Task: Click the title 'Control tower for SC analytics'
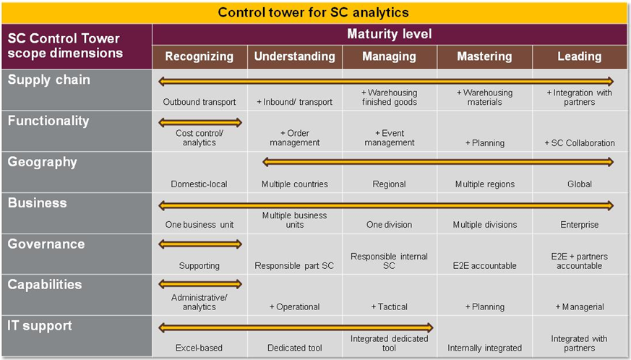point(313,12)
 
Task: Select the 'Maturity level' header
point(389,34)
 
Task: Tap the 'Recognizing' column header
point(199,56)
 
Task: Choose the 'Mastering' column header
point(484,56)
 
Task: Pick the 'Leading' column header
point(580,56)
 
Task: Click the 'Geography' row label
point(42,162)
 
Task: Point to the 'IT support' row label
point(40,325)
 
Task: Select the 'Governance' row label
point(46,244)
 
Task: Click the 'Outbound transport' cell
point(199,102)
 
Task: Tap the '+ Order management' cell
point(295,138)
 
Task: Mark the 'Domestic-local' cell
point(199,184)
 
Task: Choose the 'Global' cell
point(580,184)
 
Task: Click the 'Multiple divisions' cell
point(485,225)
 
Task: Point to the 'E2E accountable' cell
point(484,266)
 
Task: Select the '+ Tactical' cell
point(389,307)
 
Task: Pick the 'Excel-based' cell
point(199,348)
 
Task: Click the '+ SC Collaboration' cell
point(580,143)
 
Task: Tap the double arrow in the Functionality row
point(200,122)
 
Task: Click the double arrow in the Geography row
point(438,162)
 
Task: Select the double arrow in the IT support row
point(296,327)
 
